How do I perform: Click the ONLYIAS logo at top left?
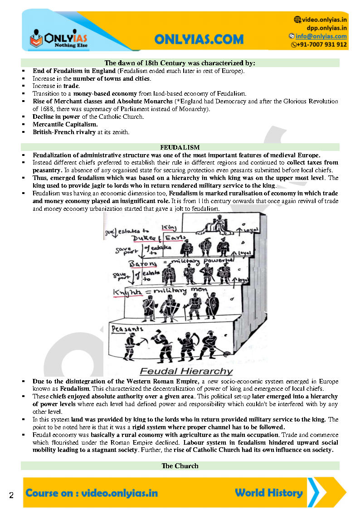click(x=58, y=39)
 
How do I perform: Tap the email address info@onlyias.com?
click(x=321, y=36)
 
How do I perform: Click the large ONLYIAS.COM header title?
click(x=199, y=39)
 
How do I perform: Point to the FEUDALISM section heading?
click(x=180, y=147)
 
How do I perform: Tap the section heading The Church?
click(x=180, y=465)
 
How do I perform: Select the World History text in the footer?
click(x=269, y=493)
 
